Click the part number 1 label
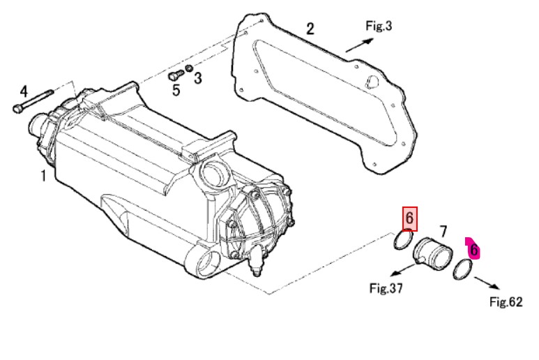(x=43, y=176)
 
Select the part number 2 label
(x=310, y=29)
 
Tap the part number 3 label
(x=197, y=78)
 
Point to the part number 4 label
(x=24, y=91)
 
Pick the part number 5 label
(x=176, y=90)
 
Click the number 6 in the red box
(x=410, y=218)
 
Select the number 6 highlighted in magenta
(x=473, y=250)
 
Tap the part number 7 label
(x=443, y=232)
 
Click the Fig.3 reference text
(x=379, y=26)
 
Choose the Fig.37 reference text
(x=386, y=288)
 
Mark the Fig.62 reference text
(x=506, y=302)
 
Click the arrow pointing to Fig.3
(x=360, y=45)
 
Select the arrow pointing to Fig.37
(x=404, y=269)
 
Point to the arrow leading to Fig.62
(x=487, y=283)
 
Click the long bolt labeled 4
(x=33, y=101)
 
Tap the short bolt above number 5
(x=176, y=75)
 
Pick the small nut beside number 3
(x=189, y=68)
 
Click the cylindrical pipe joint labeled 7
(x=432, y=253)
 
